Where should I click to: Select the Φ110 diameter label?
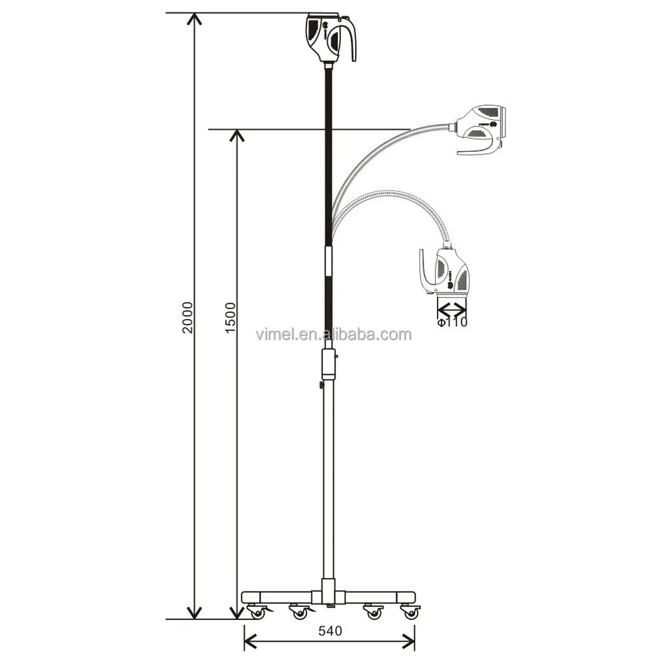tap(452, 322)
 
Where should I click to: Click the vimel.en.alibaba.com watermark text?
tap(333, 334)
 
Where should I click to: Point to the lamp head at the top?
tap(329, 37)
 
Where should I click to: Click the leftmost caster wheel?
tap(256, 612)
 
